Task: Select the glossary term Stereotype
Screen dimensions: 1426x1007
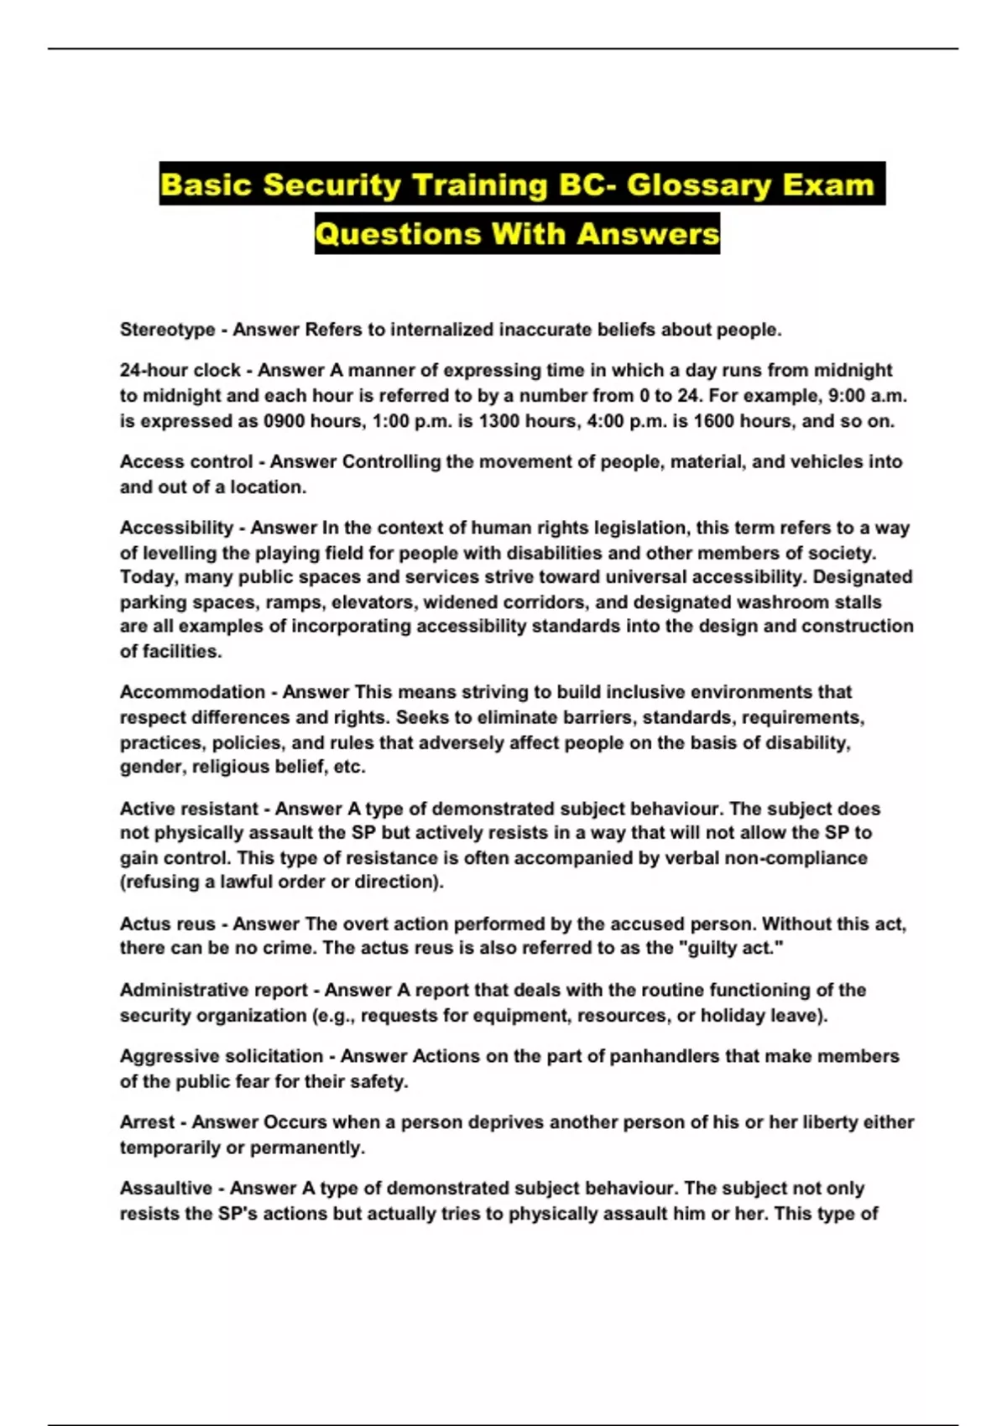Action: [167, 330]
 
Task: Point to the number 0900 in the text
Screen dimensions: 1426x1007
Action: [285, 421]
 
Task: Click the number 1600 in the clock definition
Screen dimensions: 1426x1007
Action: [692, 421]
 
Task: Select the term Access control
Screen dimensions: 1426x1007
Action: [186, 461]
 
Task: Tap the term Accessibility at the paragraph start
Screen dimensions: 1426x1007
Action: [176, 528]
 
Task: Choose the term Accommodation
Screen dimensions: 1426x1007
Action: [192, 692]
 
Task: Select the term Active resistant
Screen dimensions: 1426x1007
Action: [189, 809]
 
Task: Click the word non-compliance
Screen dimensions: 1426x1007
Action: [796, 857]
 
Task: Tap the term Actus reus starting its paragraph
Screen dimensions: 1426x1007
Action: [168, 924]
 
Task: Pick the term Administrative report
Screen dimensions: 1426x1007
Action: [214, 990]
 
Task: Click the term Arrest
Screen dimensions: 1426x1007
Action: [147, 1122]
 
